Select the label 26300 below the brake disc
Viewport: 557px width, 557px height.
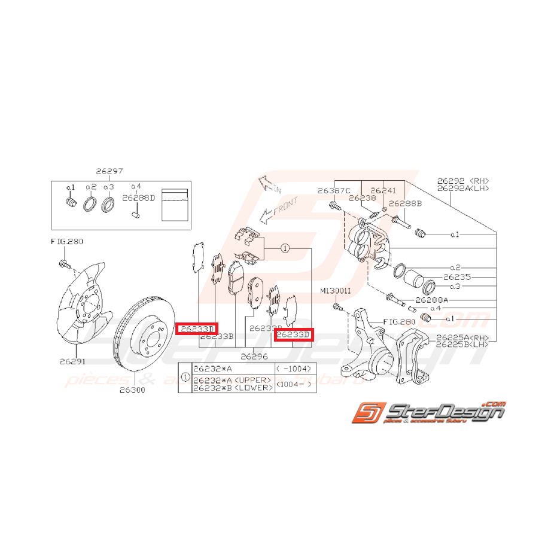pyautogui.click(x=132, y=390)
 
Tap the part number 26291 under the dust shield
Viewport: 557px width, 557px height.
pyautogui.click(x=72, y=361)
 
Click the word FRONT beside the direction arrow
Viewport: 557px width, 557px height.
pyautogui.click(x=283, y=209)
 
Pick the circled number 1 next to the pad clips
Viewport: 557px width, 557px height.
pyautogui.click(x=285, y=248)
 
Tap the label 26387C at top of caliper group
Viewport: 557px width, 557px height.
pyautogui.click(x=333, y=191)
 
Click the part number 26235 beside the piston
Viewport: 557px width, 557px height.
pyautogui.click(x=457, y=278)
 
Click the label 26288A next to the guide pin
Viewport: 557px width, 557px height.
pyautogui.click(x=431, y=299)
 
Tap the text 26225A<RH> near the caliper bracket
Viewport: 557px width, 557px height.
pyautogui.click(x=462, y=337)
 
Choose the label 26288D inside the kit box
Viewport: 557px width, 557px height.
pyautogui.click(x=139, y=197)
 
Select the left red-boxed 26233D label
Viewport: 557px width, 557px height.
pyautogui.click(x=197, y=328)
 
